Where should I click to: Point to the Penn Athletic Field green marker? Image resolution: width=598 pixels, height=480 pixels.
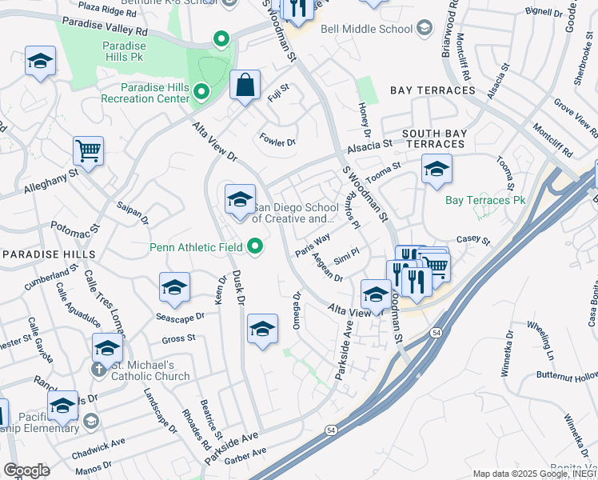click(255, 246)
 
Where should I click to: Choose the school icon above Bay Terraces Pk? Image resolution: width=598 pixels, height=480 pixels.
click(437, 170)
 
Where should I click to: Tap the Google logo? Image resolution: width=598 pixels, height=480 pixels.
click(26, 470)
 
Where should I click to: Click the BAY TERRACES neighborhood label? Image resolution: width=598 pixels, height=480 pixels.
click(433, 90)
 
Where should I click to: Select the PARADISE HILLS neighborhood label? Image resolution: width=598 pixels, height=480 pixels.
click(49, 254)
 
